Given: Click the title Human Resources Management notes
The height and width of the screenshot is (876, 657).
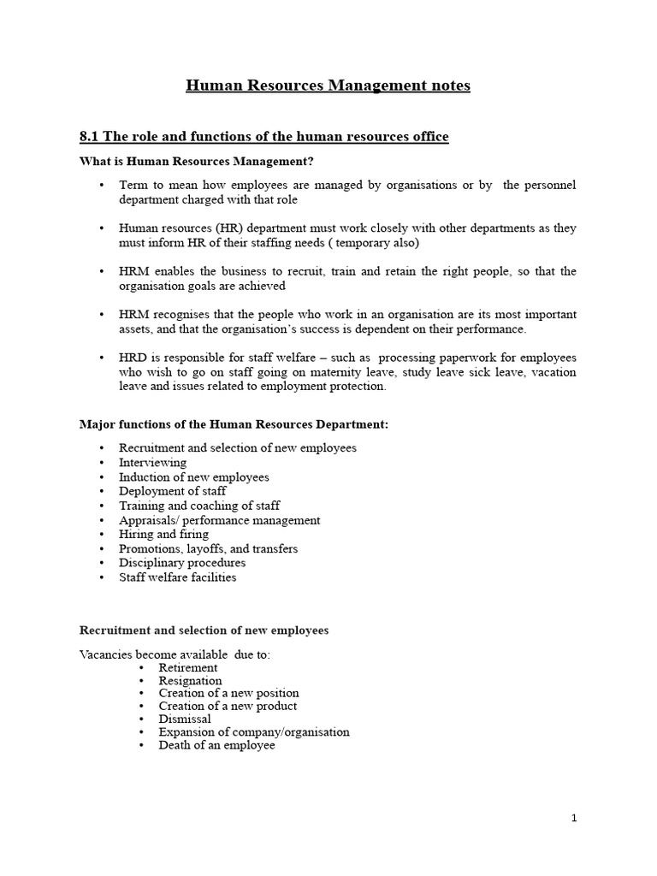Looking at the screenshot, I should click(328, 86).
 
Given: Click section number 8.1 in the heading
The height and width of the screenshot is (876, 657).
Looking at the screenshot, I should click(90, 136).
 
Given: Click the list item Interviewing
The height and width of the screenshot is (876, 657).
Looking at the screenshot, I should click(152, 462).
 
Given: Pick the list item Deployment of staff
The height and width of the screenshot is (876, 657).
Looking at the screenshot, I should click(173, 491).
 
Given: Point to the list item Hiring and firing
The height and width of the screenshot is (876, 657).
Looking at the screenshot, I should click(163, 534).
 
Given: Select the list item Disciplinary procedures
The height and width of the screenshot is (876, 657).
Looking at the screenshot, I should click(182, 563).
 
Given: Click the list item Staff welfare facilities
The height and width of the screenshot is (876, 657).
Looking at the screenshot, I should click(178, 577).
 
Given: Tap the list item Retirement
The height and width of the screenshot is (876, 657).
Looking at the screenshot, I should click(188, 667).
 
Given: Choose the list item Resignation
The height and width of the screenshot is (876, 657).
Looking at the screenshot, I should click(190, 681).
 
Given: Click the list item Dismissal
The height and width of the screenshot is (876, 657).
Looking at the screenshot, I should click(185, 719).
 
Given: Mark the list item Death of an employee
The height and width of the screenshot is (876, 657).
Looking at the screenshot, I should click(217, 745).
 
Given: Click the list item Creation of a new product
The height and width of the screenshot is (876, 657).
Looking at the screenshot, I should click(228, 707).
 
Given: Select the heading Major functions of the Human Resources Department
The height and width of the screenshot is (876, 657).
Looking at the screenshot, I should click(234, 424).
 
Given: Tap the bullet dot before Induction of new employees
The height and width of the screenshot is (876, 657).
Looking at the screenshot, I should click(102, 477).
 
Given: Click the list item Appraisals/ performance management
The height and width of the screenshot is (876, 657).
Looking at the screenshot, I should click(220, 520).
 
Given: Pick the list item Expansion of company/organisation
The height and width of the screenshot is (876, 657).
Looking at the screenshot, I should click(254, 732).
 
